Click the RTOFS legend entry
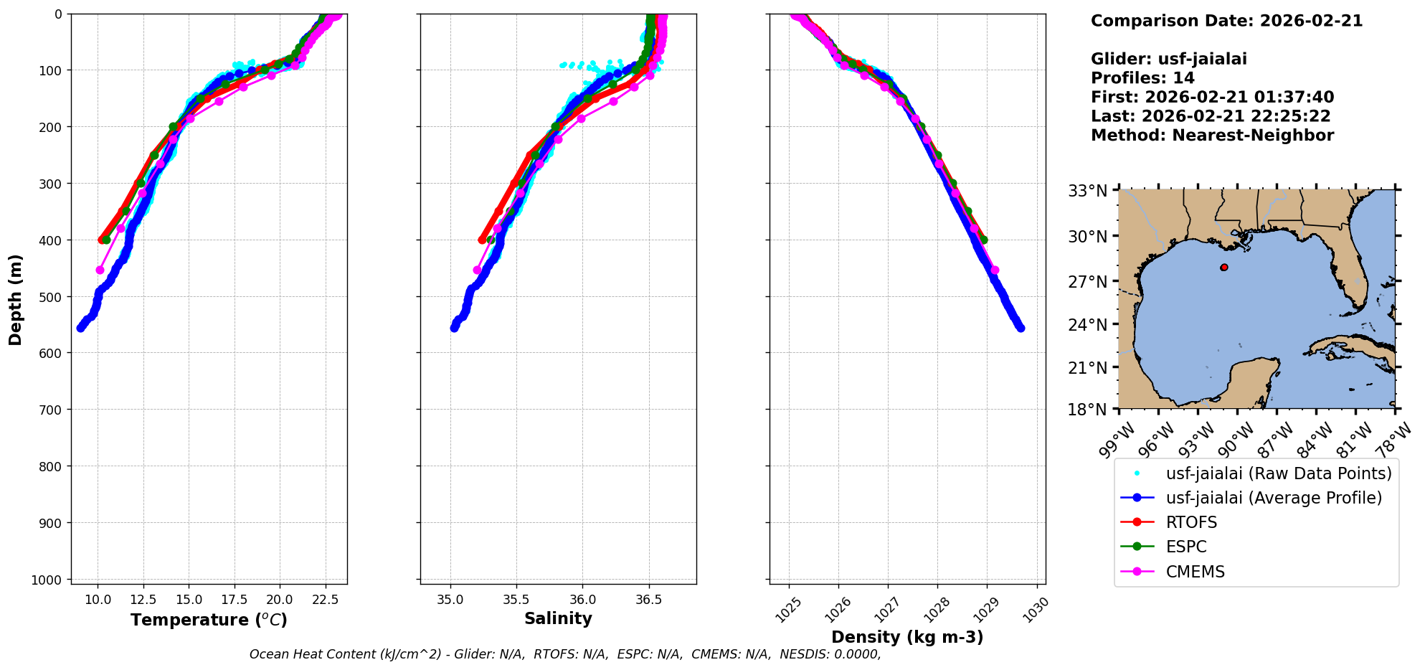coord(1190,522)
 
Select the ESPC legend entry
coord(1185,547)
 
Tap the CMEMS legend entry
coord(1195,572)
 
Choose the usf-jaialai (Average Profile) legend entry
coord(1273,498)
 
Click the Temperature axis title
coord(209,620)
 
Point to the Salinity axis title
coord(558,618)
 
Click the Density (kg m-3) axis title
coord(907,637)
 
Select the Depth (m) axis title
coord(16,299)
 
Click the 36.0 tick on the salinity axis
coord(582,600)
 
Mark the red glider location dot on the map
coord(1224,268)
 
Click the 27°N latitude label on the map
coord(1087,281)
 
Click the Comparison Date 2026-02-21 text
coord(1226,21)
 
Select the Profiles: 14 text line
coord(1142,78)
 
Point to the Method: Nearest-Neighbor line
coord(1212,136)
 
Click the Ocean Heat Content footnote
coord(565,654)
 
